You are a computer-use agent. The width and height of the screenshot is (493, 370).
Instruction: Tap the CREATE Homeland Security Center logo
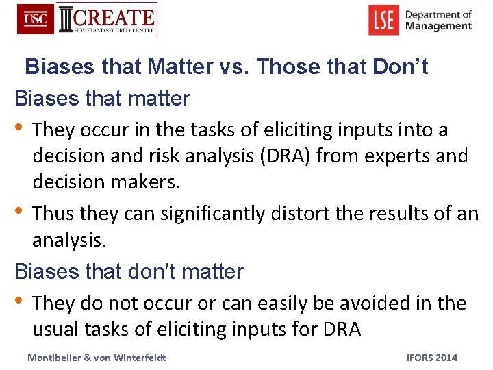coord(108,20)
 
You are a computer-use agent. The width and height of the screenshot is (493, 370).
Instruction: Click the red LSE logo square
coord(383,20)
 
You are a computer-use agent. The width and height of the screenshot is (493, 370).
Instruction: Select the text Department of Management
coord(438,20)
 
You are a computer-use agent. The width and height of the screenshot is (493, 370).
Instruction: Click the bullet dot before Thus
coord(18,212)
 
